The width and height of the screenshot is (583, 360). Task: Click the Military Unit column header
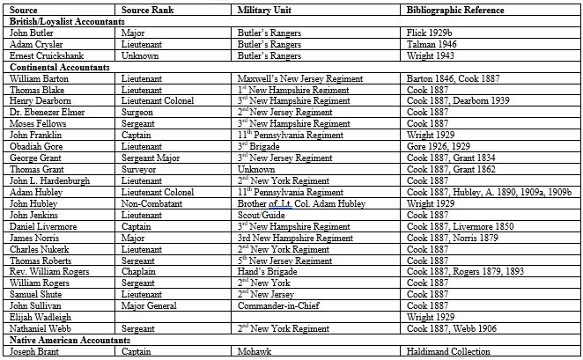264,10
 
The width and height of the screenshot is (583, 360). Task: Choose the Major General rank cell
151,305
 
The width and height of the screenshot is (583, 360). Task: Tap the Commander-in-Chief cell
278,305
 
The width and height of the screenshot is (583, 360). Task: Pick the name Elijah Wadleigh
40,317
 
